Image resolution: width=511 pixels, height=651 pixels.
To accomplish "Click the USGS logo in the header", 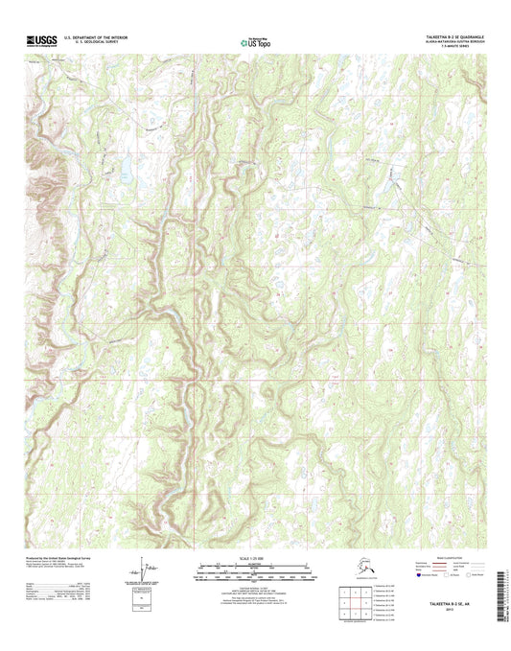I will [x=43, y=40].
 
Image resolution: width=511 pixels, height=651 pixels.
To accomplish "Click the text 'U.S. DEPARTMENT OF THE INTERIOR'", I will [x=95, y=37].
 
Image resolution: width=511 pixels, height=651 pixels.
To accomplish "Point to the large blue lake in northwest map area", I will [x=125, y=174].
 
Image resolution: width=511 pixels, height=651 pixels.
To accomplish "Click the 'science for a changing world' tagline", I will [x=43, y=47].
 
